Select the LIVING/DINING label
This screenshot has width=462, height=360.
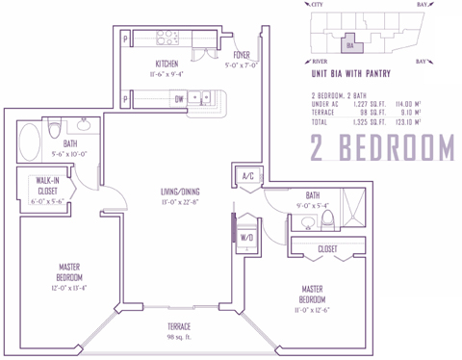coord(181,192)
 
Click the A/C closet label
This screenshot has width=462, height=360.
coord(247,176)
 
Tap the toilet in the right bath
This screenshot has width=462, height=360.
coord(326,219)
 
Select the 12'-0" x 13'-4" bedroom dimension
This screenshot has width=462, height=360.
coord(66,286)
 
